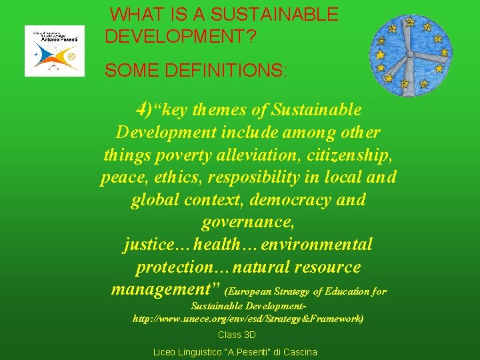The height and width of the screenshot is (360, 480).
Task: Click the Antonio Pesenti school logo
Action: (55, 51)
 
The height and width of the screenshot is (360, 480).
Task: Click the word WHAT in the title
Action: (133, 14)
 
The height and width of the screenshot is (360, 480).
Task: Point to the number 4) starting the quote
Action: (145, 109)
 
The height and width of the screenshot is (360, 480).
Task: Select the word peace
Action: (121, 177)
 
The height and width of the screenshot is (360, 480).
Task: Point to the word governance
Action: (247, 222)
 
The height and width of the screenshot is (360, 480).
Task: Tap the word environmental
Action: (317, 245)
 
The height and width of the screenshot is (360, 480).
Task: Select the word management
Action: (159, 289)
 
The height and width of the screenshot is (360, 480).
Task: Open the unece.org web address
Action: (249, 319)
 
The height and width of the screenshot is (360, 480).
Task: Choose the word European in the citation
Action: (255, 292)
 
